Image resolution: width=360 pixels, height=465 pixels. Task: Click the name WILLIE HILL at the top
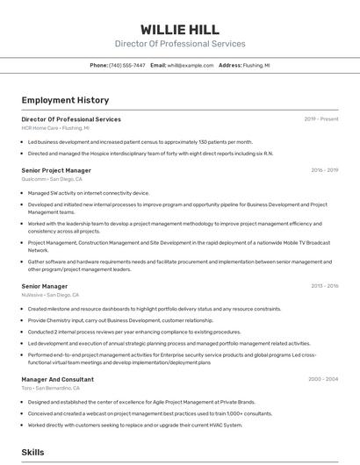tap(180, 29)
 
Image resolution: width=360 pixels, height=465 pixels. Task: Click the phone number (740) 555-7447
tap(127, 65)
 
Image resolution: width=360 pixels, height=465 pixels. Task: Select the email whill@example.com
tap(191, 65)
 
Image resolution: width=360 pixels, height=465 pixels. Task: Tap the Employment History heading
tap(65, 100)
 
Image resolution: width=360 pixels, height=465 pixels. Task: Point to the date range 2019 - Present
tap(321, 118)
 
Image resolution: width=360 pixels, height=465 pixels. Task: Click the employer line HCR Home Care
tap(55, 127)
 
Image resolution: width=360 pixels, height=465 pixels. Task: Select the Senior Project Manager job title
tap(56, 170)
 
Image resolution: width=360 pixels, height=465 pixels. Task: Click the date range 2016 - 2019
tap(324, 170)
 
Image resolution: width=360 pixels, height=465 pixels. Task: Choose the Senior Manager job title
tap(44, 286)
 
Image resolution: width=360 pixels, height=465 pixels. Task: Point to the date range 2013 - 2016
tap(324, 286)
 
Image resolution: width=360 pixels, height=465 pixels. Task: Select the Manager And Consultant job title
tap(57, 379)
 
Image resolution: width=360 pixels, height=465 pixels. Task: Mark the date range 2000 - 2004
tap(323, 379)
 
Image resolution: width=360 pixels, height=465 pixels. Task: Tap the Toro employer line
tap(51, 388)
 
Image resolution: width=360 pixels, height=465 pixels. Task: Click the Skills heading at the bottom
tap(32, 452)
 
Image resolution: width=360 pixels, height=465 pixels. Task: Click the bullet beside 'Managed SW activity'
tap(23, 193)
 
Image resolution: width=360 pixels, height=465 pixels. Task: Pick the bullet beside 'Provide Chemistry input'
tap(23, 320)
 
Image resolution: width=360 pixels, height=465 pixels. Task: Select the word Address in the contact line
tap(229, 65)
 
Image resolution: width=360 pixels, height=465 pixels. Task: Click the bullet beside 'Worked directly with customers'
tap(23, 425)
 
